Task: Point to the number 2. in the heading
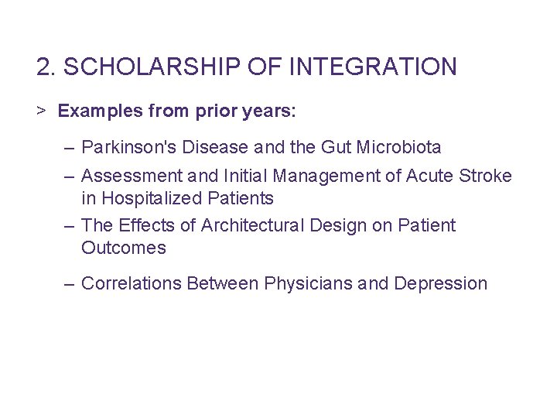[46, 67]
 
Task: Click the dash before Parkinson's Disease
[70, 146]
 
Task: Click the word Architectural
[253, 225]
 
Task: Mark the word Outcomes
[124, 248]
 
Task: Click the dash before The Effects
[70, 225]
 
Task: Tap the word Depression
[440, 283]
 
